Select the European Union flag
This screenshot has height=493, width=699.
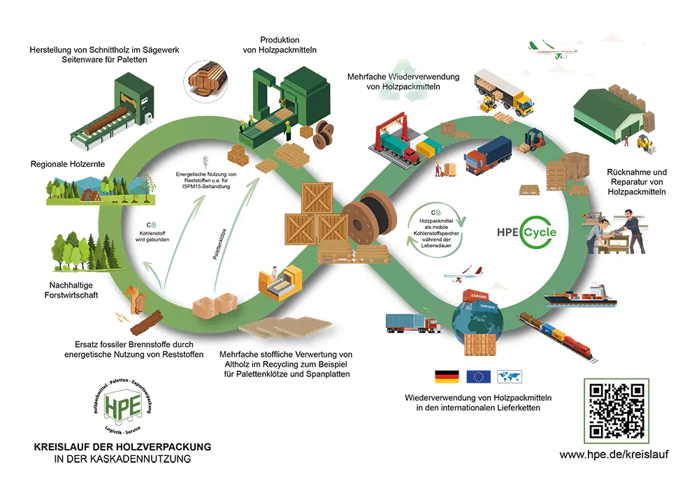(x=478, y=377)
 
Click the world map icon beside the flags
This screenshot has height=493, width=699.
(x=510, y=377)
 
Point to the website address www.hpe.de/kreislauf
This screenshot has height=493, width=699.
(x=614, y=454)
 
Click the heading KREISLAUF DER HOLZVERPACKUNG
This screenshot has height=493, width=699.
(x=122, y=446)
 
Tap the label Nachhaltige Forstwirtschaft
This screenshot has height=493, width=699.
(x=73, y=290)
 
